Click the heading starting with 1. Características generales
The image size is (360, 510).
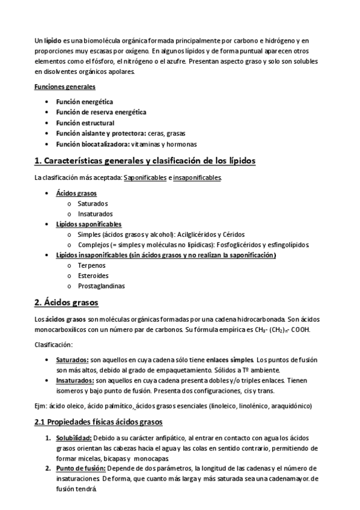(x=145, y=161)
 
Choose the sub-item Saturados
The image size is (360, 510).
(x=93, y=203)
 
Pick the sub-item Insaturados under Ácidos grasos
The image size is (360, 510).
(x=95, y=214)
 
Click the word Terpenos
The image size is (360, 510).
(x=92, y=265)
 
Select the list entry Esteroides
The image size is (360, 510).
(x=93, y=275)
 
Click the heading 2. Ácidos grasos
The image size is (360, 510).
(x=67, y=302)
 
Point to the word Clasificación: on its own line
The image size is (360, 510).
(x=53, y=345)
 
